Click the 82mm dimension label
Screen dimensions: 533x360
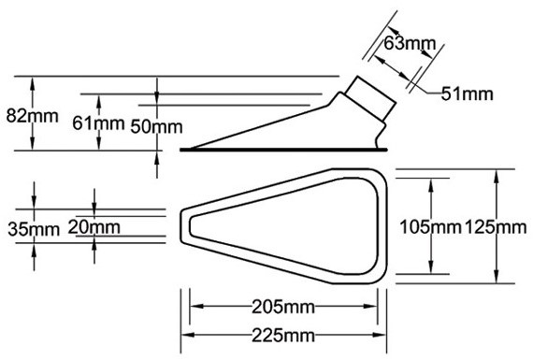(x=33, y=116)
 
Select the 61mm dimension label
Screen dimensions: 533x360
(x=98, y=123)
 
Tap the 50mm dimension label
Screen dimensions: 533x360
(x=156, y=126)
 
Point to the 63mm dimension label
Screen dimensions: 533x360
(x=410, y=43)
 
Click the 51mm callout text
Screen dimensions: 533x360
(x=467, y=94)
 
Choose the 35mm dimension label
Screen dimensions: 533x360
(x=34, y=229)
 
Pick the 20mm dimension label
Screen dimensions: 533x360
(x=94, y=227)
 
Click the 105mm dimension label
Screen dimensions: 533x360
(x=430, y=226)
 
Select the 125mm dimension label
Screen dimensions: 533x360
(x=496, y=226)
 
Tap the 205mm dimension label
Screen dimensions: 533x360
(x=283, y=308)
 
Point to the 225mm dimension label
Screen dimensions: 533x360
(x=283, y=336)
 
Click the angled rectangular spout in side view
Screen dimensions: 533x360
(x=370, y=98)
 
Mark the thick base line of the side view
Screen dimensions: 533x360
(x=283, y=150)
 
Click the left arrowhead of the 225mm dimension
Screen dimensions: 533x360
(x=188, y=335)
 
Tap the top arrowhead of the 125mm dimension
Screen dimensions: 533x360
(x=497, y=176)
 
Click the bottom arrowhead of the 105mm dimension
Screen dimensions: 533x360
(x=431, y=266)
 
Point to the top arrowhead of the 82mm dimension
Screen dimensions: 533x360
(x=33, y=83)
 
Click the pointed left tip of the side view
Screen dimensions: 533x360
(x=191, y=149)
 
